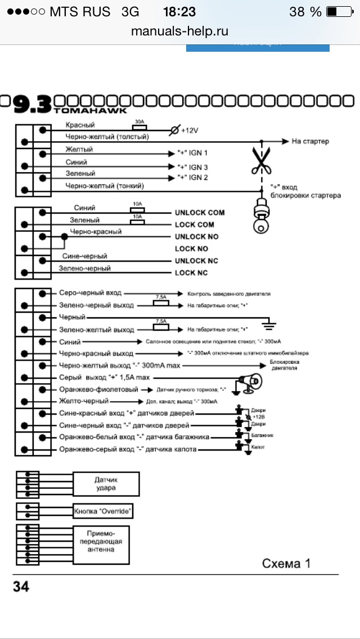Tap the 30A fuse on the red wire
[139, 128]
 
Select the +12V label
[191, 130]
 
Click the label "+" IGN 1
[192, 153]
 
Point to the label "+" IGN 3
[192, 167]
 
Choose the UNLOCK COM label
[199, 213]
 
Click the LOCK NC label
[191, 273]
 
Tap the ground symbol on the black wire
[271, 323]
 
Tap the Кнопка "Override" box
[103, 511]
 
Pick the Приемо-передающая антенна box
[101, 542]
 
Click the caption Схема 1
[286, 563]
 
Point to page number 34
[21, 587]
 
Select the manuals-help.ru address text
[179, 30]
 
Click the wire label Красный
[80, 125]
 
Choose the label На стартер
[310, 141]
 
